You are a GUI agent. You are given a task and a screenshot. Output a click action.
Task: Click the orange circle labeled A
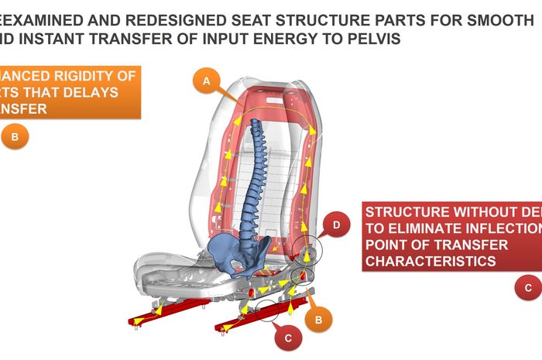(205, 81)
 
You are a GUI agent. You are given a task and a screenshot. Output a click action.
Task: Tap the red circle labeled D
(336, 225)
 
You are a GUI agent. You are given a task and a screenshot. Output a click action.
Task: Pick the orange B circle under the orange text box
(15, 138)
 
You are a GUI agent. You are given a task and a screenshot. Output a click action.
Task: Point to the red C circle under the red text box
(528, 288)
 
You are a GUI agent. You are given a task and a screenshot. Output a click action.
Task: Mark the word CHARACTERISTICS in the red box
(431, 262)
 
